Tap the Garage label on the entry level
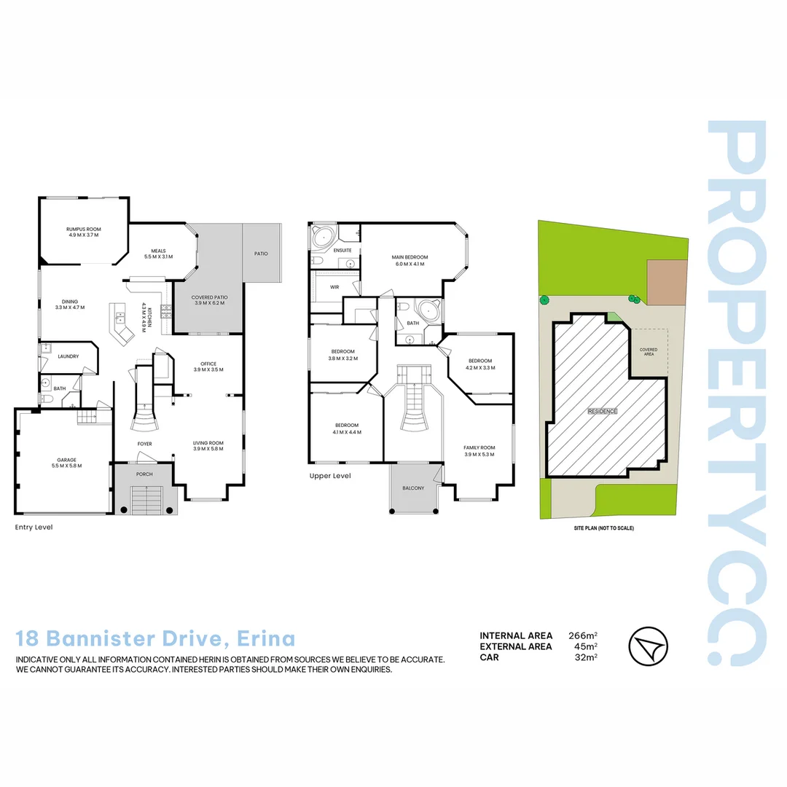coord(66,460)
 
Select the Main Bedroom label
coord(410,257)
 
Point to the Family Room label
coord(479,447)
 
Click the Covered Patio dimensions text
coord(208,302)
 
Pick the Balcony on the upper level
coord(412,488)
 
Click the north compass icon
coord(647,646)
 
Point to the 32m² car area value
coord(586,657)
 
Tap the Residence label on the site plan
coord(603,411)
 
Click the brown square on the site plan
coord(667,283)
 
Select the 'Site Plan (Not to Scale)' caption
coord(603,528)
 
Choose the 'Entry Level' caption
coord(34,527)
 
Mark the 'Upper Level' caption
coord(330,476)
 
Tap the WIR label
coord(334,287)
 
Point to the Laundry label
coord(68,356)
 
